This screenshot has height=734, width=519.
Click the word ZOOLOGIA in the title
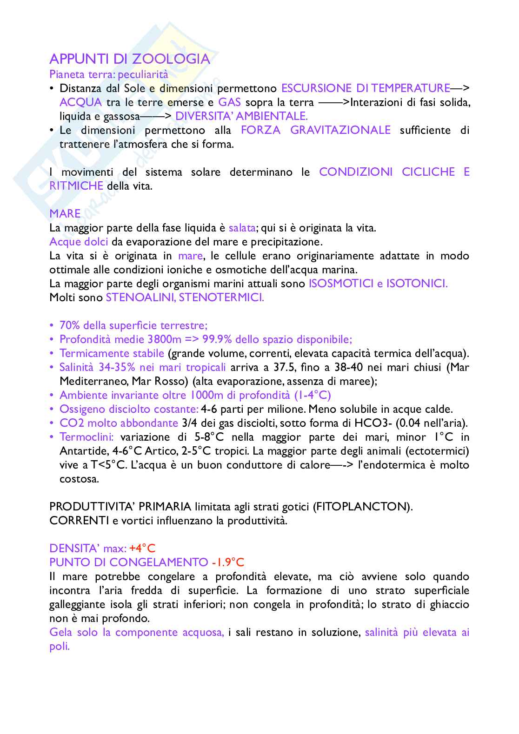click(x=171, y=59)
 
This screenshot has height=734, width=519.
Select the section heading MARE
click(x=65, y=214)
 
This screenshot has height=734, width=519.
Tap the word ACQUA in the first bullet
click(x=80, y=102)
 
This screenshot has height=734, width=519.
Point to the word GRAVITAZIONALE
click(x=340, y=130)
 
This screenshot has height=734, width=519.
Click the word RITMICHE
click(x=76, y=186)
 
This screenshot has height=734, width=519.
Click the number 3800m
click(x=164, y=339)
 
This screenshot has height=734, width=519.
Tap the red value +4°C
click(x=142, y=549)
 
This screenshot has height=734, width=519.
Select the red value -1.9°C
click(x=228, y=562)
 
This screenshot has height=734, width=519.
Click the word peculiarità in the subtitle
click(x=143, y=74)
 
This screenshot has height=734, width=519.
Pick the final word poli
click(x=60, y=646)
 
